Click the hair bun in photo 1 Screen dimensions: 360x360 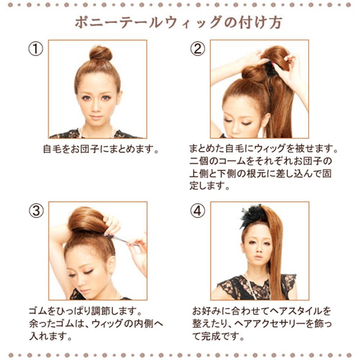click(100, 53)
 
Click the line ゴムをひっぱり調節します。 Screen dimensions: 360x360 click(85, 311)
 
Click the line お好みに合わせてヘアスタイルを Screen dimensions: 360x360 click(261, 311)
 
